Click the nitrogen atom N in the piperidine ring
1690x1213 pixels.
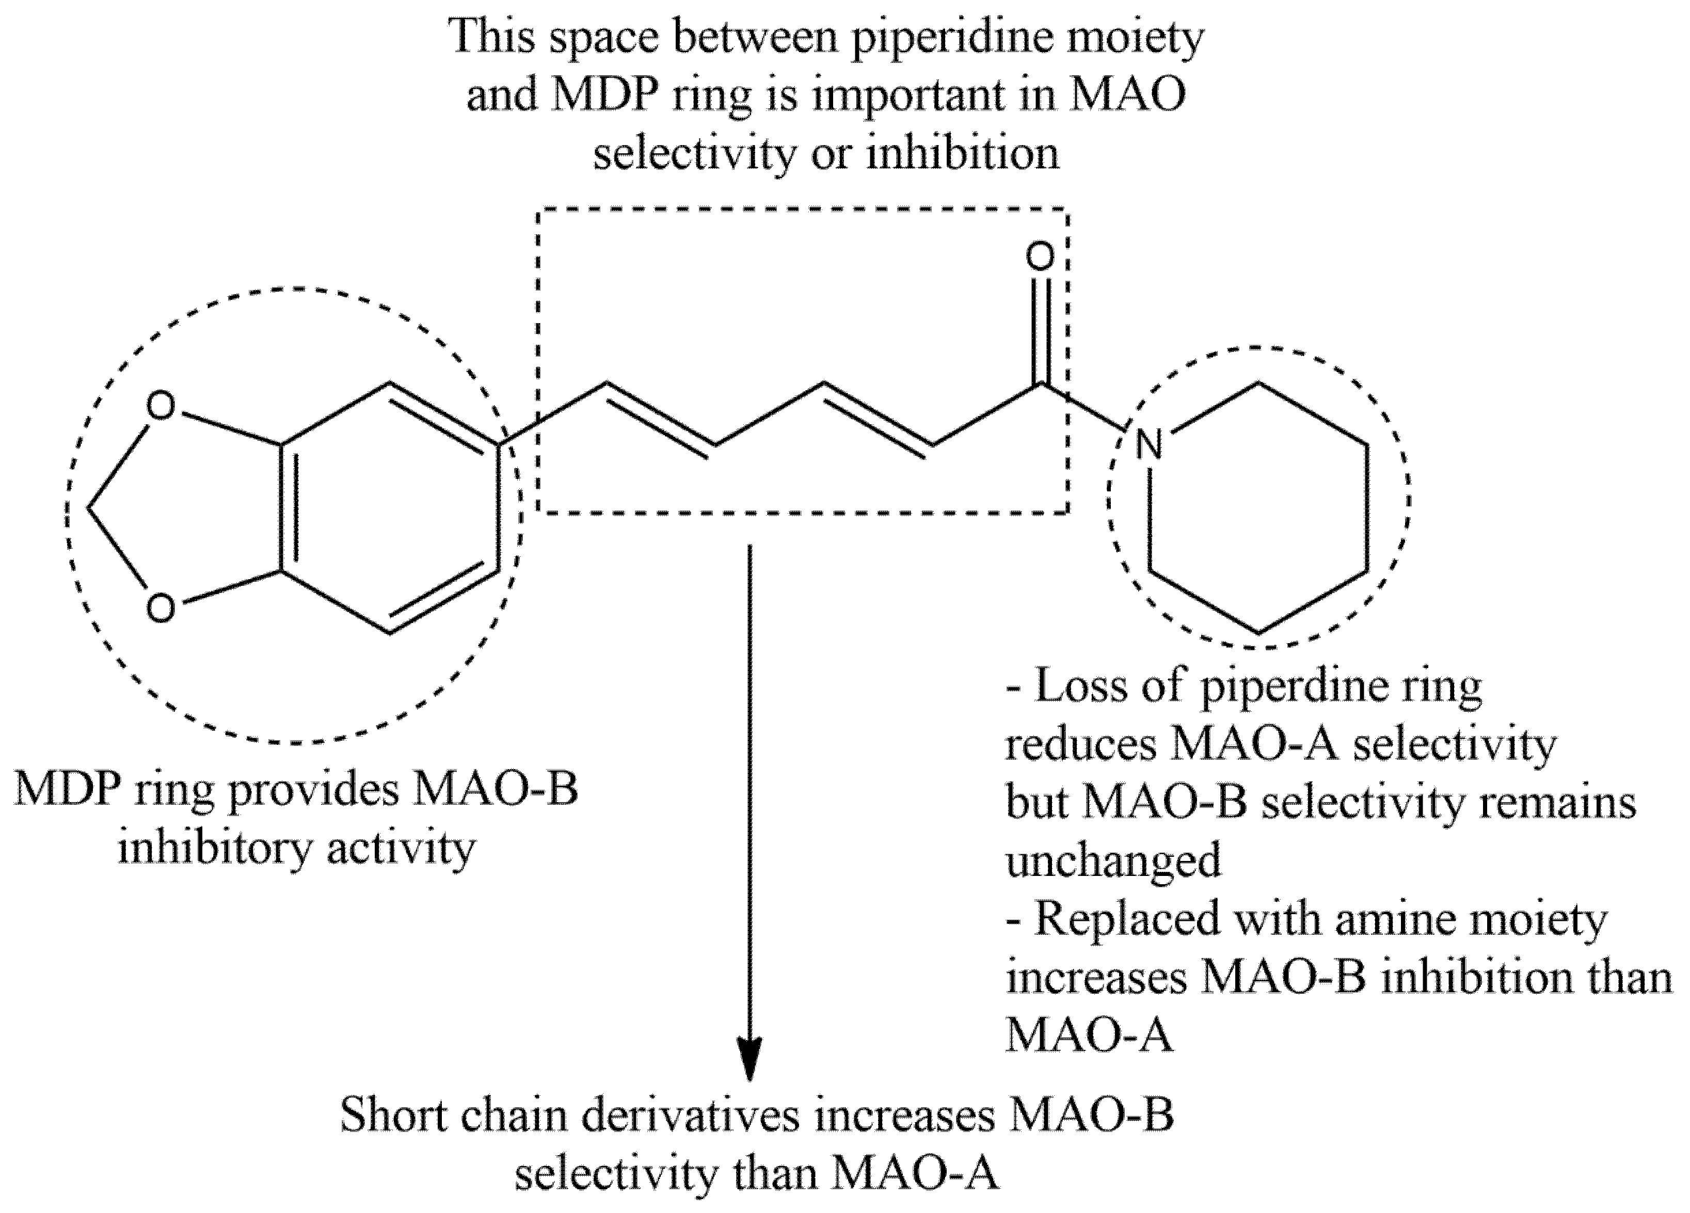[1149, 445]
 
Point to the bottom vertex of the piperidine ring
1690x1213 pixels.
[1258, 633]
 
